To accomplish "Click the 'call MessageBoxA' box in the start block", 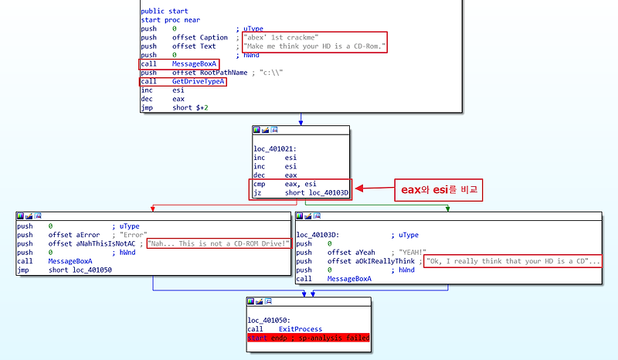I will point(178,63).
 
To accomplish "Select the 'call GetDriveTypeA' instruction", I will point(182,81).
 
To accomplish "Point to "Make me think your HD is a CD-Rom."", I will point(314,46).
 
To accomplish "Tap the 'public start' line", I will point(163,11).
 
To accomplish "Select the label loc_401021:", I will point(275,148).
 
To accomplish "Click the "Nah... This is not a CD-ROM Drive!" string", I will point(219,243).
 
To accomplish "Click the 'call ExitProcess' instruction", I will point(288,328).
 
